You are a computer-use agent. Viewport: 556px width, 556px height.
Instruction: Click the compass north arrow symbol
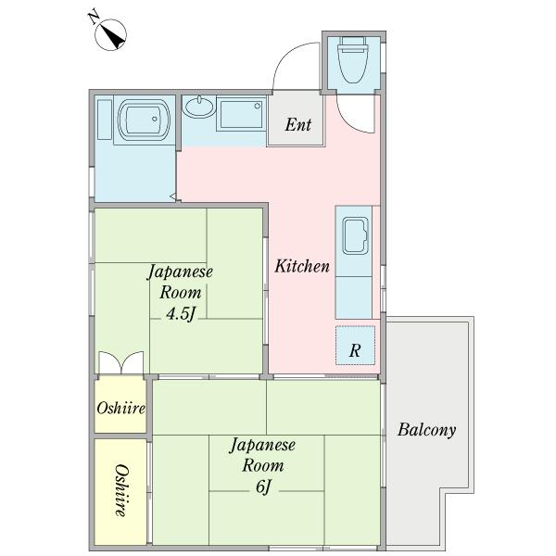click(110, 34)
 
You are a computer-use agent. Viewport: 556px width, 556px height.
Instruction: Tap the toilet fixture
click(353, 59)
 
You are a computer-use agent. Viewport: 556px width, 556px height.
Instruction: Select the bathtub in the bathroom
click(144, 120)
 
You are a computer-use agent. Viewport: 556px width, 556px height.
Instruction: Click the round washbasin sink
click(198, 107)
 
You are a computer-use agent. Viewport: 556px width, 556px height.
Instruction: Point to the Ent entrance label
click(297, 124)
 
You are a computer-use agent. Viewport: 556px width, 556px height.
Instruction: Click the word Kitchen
click(302, 266)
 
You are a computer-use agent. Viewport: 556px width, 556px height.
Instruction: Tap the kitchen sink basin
click(355, 235)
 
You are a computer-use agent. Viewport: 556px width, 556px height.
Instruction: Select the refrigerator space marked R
click(355, 346)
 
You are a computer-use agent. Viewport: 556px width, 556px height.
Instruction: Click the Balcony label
click(427, 430)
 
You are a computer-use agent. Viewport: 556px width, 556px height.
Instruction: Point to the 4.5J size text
click(182, 313)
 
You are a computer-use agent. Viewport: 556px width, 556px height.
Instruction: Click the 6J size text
click(263, 486)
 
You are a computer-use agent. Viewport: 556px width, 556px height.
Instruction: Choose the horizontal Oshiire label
click(120, 408)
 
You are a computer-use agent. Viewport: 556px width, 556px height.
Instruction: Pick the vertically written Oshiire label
click(121, 490)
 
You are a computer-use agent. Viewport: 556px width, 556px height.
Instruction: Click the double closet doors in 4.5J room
click(121, 362)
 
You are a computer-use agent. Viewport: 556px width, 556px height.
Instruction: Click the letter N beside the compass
click(94, 18)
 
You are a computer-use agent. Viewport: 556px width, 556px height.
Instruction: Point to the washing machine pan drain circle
click(258, 106)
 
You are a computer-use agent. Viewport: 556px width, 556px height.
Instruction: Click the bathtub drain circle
click(155, 120)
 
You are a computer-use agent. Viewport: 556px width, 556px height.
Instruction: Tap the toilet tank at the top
click(354, 44)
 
